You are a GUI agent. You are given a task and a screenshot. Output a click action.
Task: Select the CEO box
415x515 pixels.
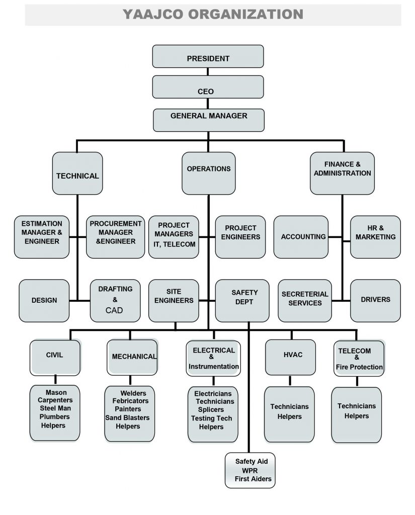click(208, 87)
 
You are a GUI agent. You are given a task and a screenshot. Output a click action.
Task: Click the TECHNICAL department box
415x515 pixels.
click(77, 174)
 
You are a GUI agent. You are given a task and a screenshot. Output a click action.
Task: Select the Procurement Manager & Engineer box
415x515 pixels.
click(115, 237)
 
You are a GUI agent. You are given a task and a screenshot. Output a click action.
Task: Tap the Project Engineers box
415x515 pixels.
click(240, 237)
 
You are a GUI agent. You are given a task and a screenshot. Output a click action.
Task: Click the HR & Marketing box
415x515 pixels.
click(375, 237)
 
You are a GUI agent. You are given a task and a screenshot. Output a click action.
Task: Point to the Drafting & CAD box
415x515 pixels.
click(115, 301)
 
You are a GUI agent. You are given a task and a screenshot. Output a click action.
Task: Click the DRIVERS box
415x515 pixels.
click(375, 301)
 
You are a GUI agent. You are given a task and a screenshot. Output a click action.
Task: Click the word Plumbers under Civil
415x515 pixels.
click(55, 417)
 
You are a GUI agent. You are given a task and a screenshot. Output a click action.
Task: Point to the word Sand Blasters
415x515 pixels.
click(127, 417)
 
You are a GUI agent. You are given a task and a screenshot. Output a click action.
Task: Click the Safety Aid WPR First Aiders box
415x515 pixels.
click(250, 470)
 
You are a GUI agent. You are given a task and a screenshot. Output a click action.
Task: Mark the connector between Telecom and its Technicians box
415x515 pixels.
click(357, 381)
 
